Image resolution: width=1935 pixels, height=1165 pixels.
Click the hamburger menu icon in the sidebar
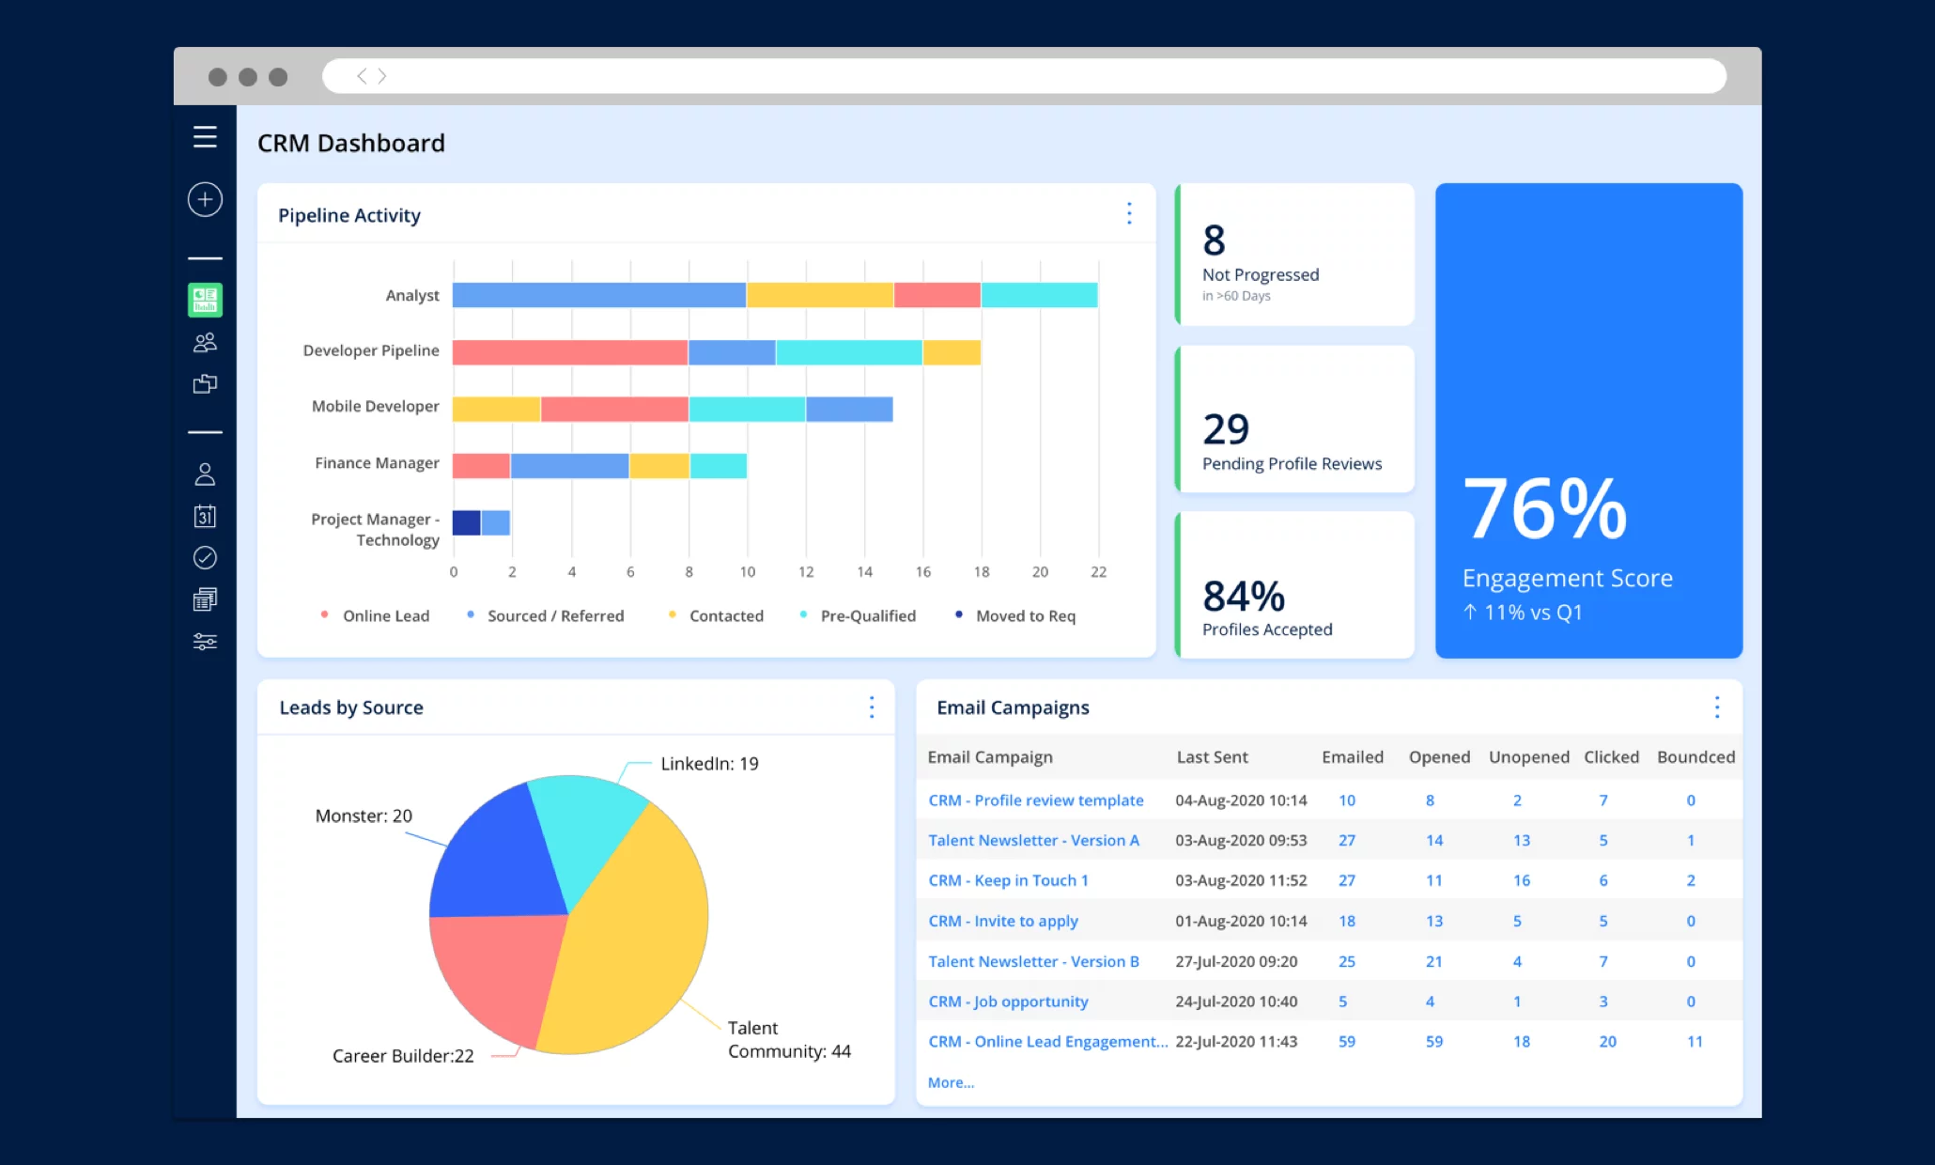click(205, 137)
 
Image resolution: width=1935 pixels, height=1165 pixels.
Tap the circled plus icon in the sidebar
click(205, 199)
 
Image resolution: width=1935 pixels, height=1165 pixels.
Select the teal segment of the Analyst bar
click(1039, 295)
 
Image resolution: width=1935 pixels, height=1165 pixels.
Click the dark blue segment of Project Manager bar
click(466, 522)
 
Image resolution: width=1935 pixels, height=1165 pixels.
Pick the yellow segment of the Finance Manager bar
click(658, 466)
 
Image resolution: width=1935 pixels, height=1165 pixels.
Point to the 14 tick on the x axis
click(864, 571)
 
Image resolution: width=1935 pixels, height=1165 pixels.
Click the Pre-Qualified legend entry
click(867, 615)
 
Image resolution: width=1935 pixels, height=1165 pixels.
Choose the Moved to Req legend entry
click(1025, 615)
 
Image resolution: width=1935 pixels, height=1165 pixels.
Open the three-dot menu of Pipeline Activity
click(1129, 213)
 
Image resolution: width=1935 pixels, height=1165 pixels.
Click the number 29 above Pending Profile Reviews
click(1226, 429)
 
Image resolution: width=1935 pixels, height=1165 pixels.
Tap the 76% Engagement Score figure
click(1545, 508)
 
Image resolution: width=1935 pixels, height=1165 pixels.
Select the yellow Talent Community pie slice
click(629, 930)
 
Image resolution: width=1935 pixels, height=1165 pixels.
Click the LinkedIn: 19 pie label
click(709, 764)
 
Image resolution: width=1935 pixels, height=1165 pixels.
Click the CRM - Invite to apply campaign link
click(1002, 921)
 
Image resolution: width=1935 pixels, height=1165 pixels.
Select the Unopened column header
click(1528, 757)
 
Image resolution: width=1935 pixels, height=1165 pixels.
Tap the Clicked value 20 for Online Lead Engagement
click(1607, 1041)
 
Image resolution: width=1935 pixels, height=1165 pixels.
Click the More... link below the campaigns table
click(951, 1082)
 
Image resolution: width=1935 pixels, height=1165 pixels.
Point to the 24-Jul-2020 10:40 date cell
click(1236, 1002)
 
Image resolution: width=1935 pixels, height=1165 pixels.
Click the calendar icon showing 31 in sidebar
click(205, 516)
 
